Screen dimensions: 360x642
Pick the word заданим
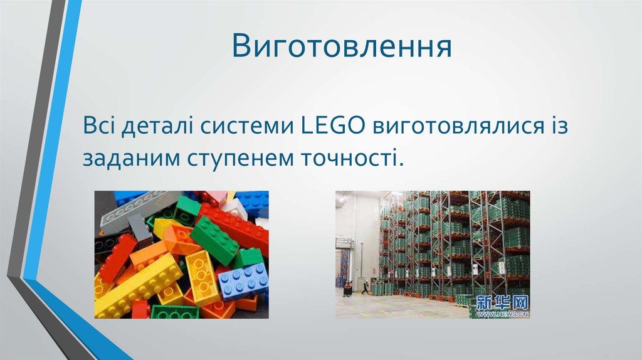(x=129, y=157)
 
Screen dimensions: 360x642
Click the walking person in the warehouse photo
(x=365, y=287)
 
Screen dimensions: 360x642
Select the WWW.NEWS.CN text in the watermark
(x=502, y=312)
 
